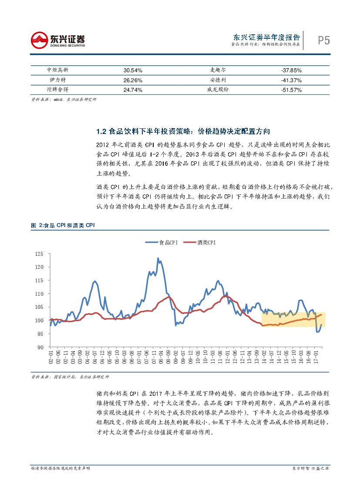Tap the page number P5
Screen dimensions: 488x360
tap(323, 40)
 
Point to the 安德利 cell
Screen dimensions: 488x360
tap(218, 80)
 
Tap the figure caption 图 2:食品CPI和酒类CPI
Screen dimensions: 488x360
tap(63, 225)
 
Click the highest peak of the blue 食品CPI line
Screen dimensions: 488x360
tap(158, 258)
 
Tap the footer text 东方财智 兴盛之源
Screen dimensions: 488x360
tap(310, 468)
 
